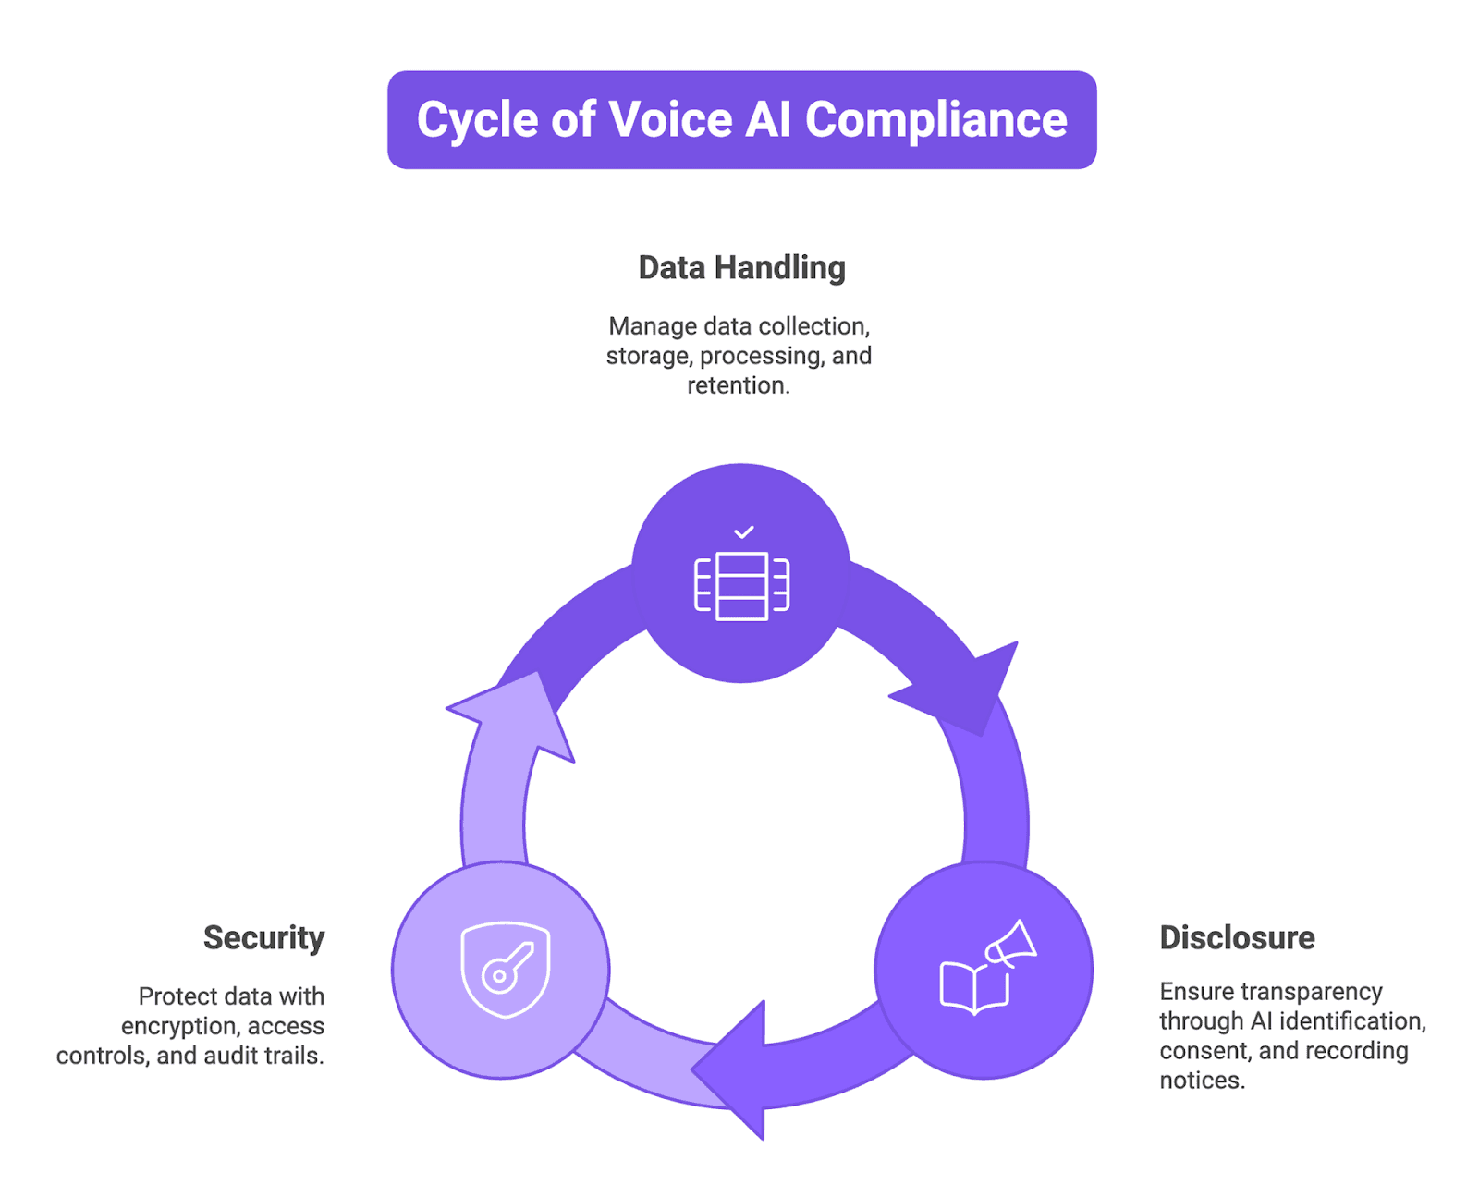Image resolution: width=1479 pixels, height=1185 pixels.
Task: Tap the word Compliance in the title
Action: tap(935, 120)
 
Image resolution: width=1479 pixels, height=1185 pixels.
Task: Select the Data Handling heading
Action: tap(741, 268)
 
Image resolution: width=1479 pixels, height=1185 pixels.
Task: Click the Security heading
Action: tap(264, 937)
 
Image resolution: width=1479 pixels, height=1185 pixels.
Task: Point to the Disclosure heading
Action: tap(1237, 937)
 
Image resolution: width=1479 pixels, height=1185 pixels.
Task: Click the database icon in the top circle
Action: tap(742, 586)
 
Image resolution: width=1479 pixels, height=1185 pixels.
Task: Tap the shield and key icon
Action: tap(505, 969)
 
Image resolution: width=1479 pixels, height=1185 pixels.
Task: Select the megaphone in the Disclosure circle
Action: tap(1011, 944)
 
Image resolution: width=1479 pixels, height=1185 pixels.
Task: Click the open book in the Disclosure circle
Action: tap(973, 987)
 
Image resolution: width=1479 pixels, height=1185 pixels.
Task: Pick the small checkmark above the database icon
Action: tap(744, 532)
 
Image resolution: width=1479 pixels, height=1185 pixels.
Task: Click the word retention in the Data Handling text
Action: tap(737, 385)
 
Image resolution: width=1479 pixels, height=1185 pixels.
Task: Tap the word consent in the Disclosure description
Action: tap(1204, 1051)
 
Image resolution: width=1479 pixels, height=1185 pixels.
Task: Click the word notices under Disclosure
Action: tap(1202, 1081)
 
